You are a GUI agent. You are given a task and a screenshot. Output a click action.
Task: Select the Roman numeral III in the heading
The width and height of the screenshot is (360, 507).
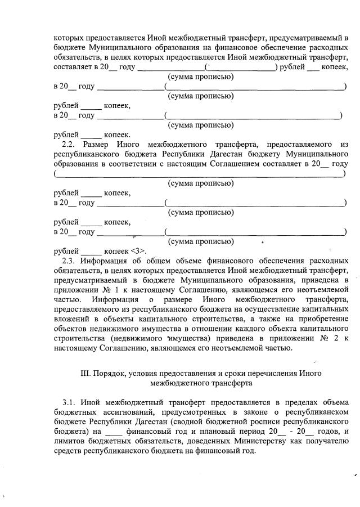pos(87,374)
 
